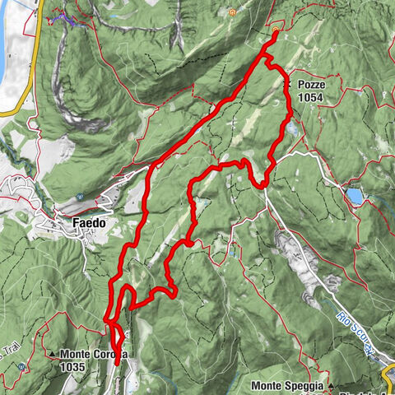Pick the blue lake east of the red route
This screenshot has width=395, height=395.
point(353,196)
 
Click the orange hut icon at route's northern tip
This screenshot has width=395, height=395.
point(275,34)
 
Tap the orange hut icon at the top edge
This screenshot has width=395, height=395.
point(234,12)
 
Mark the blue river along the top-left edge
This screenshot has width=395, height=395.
point(10,41)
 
